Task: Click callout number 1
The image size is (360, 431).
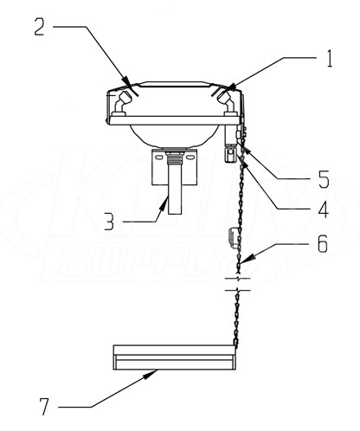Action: pos(330,59)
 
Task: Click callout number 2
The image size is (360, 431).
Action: pos(39,27)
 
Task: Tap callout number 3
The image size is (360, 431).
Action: pos(109,222)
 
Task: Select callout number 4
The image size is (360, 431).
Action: pos(324,209)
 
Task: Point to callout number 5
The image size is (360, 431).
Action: pos(324,179)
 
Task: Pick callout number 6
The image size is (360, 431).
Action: pos(322,244)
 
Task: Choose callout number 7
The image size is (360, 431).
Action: pos(44,407)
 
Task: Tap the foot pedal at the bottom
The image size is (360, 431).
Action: pos(174,357)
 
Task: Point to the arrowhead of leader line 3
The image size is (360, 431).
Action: pos(164,203)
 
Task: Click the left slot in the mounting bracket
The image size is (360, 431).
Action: pos(158,158)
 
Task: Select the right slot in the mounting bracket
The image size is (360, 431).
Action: pos(190,158)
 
